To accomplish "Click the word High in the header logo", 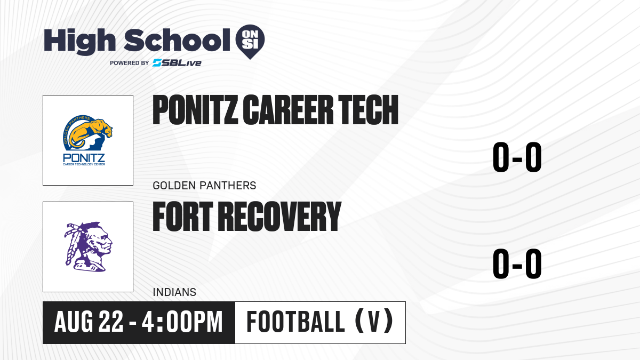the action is point(79,42).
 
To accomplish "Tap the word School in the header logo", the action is point(177,40).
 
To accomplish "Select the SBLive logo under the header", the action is point(177,63).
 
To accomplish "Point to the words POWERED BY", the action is point(130,63).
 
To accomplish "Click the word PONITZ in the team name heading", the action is point(195,110).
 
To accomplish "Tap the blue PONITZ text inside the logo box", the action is point(84,158).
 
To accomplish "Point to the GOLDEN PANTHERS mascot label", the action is point(204,186).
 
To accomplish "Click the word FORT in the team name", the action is point(183,217).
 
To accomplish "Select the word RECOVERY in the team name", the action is point(279,217).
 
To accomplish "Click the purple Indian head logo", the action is point(88,246).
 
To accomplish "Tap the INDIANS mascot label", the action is point(174,292).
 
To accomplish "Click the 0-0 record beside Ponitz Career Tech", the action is point(517,157).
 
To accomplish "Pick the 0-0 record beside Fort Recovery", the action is point(517,263).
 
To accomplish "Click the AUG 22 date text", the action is point(89,322).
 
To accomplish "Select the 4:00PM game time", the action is point(182,322).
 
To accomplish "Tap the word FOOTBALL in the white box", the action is point(295,322).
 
